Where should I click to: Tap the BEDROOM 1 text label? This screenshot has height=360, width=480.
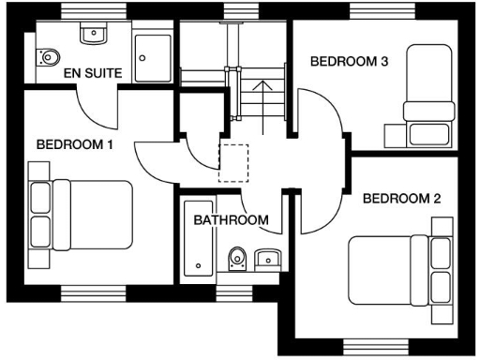pos(75,144)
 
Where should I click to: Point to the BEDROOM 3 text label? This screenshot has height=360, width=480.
pos(349,61)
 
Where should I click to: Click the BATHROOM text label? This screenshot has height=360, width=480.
pos(231,220)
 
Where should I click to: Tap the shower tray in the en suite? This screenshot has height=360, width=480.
pos(153,57)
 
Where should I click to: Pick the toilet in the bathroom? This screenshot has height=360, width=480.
pos(238,258)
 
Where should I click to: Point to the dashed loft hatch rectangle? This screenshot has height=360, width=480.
pos(232,161)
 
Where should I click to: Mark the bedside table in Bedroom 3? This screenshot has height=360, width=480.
pos(393,133)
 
